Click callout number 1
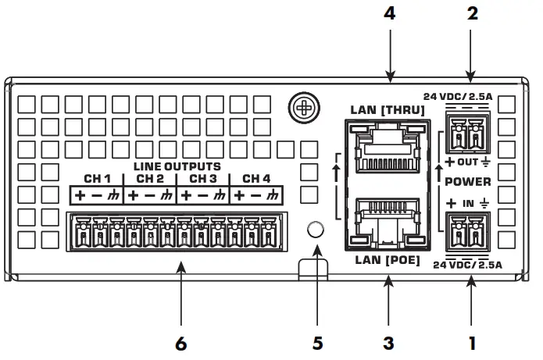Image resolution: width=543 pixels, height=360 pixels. click(x=470, y=342)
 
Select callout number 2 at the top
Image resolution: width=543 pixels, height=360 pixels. click(x=470, y=13)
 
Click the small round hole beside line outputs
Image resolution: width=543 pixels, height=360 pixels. click(x=315, y=230)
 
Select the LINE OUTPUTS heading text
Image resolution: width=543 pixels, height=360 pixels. click(x=177, y=166)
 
